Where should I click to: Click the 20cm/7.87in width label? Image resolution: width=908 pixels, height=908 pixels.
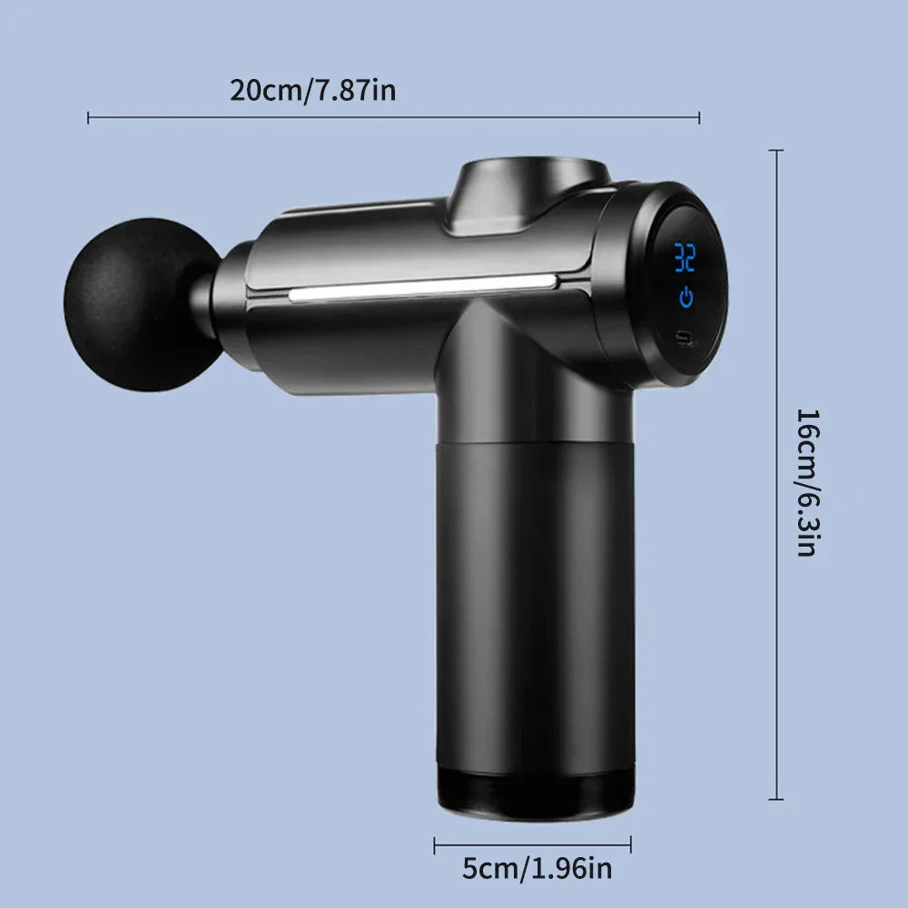pos(312,91)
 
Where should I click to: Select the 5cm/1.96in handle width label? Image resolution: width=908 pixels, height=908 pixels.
pos(538,869)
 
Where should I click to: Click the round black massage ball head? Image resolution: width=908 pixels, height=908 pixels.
pos(136,304)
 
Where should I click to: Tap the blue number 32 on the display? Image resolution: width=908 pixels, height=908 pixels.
pos(685,258)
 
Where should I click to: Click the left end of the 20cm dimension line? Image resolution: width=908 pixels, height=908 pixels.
pos(88,116)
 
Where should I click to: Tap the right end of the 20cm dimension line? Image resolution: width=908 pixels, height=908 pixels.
pos(699,116)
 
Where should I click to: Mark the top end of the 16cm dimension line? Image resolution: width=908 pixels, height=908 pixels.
pos(775,150)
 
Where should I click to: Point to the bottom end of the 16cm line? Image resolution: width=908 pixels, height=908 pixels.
pos(775,799)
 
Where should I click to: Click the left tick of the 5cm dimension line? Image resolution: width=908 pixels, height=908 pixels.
pos(434,844)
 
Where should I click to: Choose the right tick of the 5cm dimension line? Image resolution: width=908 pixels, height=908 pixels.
pos(631,844)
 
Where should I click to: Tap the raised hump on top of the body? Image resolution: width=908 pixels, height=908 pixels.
pos(527,186)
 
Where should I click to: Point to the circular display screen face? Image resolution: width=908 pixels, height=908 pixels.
pos(686,281)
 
